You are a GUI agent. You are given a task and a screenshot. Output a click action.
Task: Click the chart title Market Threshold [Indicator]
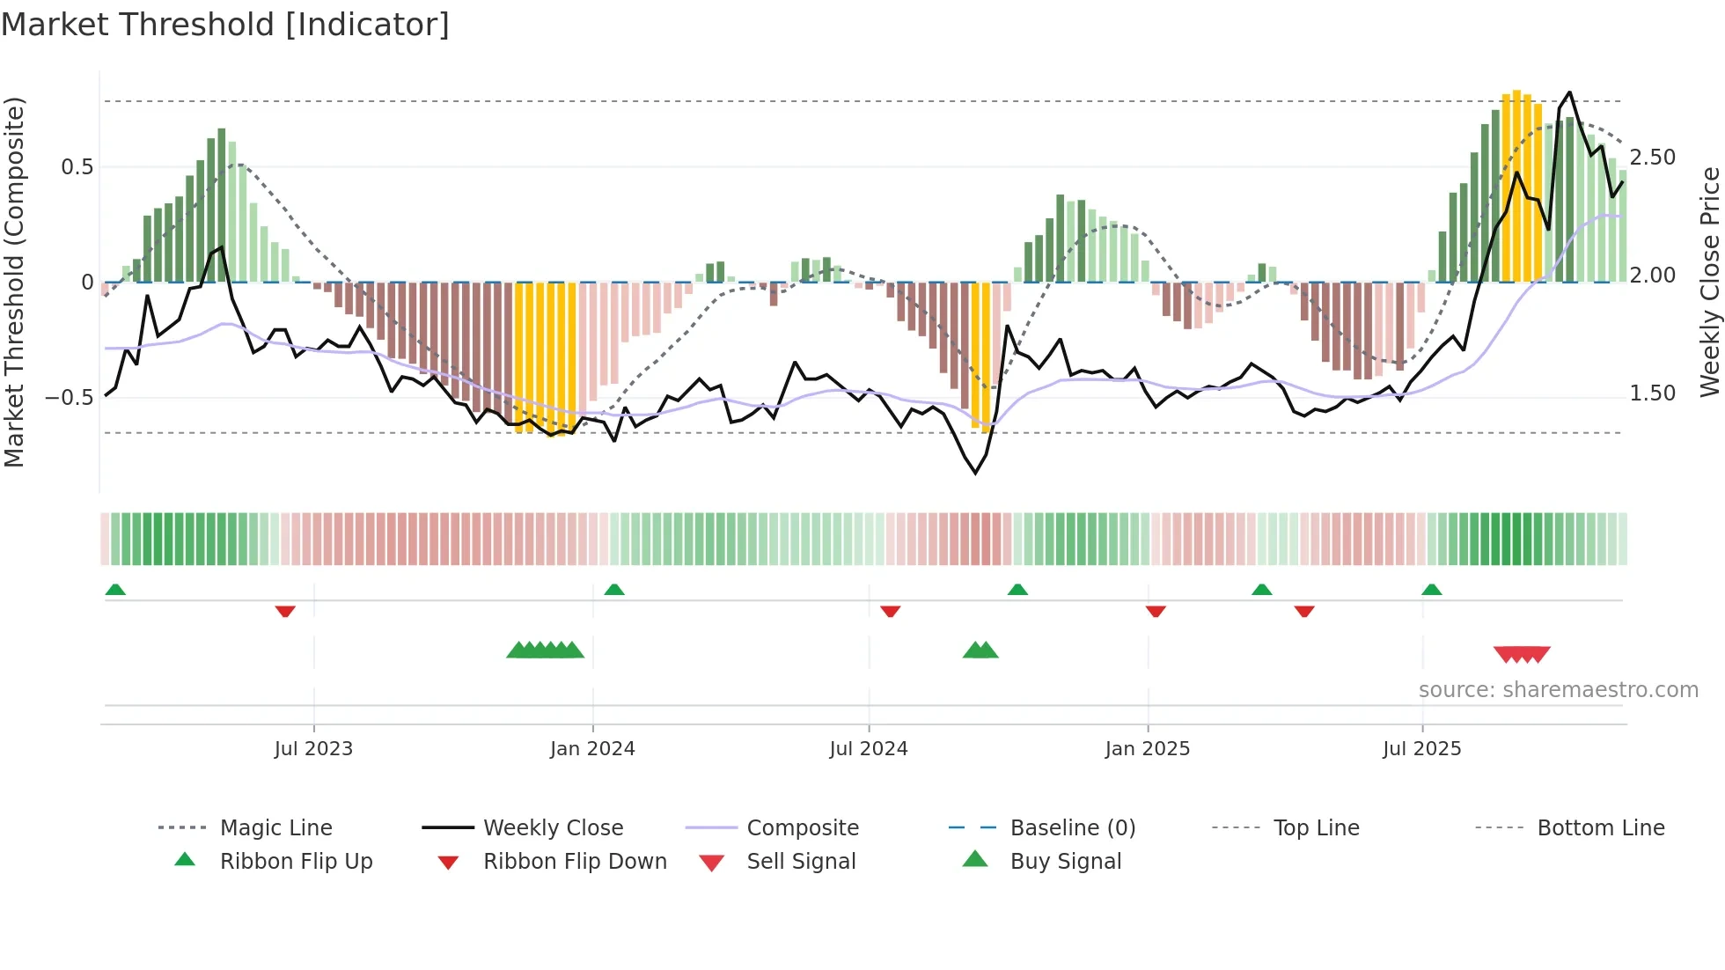225,25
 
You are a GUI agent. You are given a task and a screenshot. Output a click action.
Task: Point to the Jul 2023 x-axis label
313,749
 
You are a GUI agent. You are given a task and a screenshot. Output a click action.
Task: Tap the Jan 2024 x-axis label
592,749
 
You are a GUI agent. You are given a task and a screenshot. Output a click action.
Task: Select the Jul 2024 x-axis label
869,749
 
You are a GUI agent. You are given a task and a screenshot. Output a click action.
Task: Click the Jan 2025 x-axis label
1148,749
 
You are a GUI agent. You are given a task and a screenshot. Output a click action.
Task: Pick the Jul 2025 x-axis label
1422,749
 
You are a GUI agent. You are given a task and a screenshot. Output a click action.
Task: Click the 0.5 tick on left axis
77,167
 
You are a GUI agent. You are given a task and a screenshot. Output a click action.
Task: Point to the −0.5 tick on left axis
70,398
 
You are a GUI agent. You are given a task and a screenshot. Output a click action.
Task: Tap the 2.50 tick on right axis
1653,158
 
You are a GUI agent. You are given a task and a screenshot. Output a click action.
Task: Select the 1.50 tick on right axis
1653,393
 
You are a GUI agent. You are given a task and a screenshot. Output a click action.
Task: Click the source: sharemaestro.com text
1559,690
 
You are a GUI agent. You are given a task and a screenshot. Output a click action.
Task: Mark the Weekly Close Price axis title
1709,282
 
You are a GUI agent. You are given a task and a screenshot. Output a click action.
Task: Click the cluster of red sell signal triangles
1522,654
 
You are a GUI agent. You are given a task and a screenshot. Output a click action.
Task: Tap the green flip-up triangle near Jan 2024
614,590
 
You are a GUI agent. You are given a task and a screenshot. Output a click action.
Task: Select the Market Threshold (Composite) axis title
15,282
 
